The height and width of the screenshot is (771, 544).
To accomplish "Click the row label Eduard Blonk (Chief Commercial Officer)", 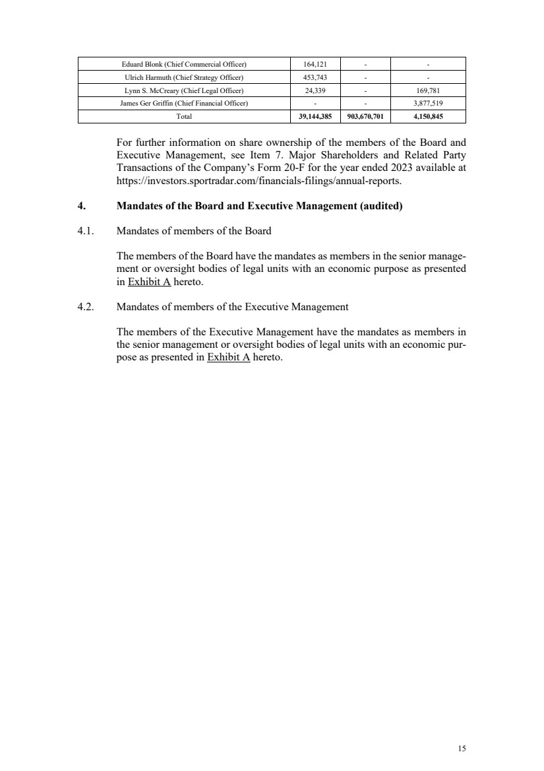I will tap(184, 64).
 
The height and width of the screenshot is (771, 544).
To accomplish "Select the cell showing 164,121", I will tap(316, 64).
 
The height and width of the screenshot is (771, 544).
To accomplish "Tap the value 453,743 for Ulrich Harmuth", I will tap(316, 77).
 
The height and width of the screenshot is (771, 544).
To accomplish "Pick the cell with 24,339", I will tap(316, 90).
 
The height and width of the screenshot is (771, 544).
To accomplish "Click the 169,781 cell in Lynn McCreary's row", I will tap(428, 90).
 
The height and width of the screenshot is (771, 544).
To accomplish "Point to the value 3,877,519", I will tap(428, 104).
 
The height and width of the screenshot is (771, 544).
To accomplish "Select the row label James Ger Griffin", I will tap(184, 104).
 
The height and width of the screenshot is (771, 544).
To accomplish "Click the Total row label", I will tap(184, 117).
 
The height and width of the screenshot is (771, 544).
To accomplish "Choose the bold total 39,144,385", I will tap(316, 117).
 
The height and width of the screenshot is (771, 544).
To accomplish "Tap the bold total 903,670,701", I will tap(365, 117).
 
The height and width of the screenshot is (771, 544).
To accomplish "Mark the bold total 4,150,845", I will tap(428, 117).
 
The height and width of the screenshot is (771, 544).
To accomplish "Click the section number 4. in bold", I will tap(81, 206).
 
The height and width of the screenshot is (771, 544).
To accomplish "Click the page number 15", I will tap(462, 748).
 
